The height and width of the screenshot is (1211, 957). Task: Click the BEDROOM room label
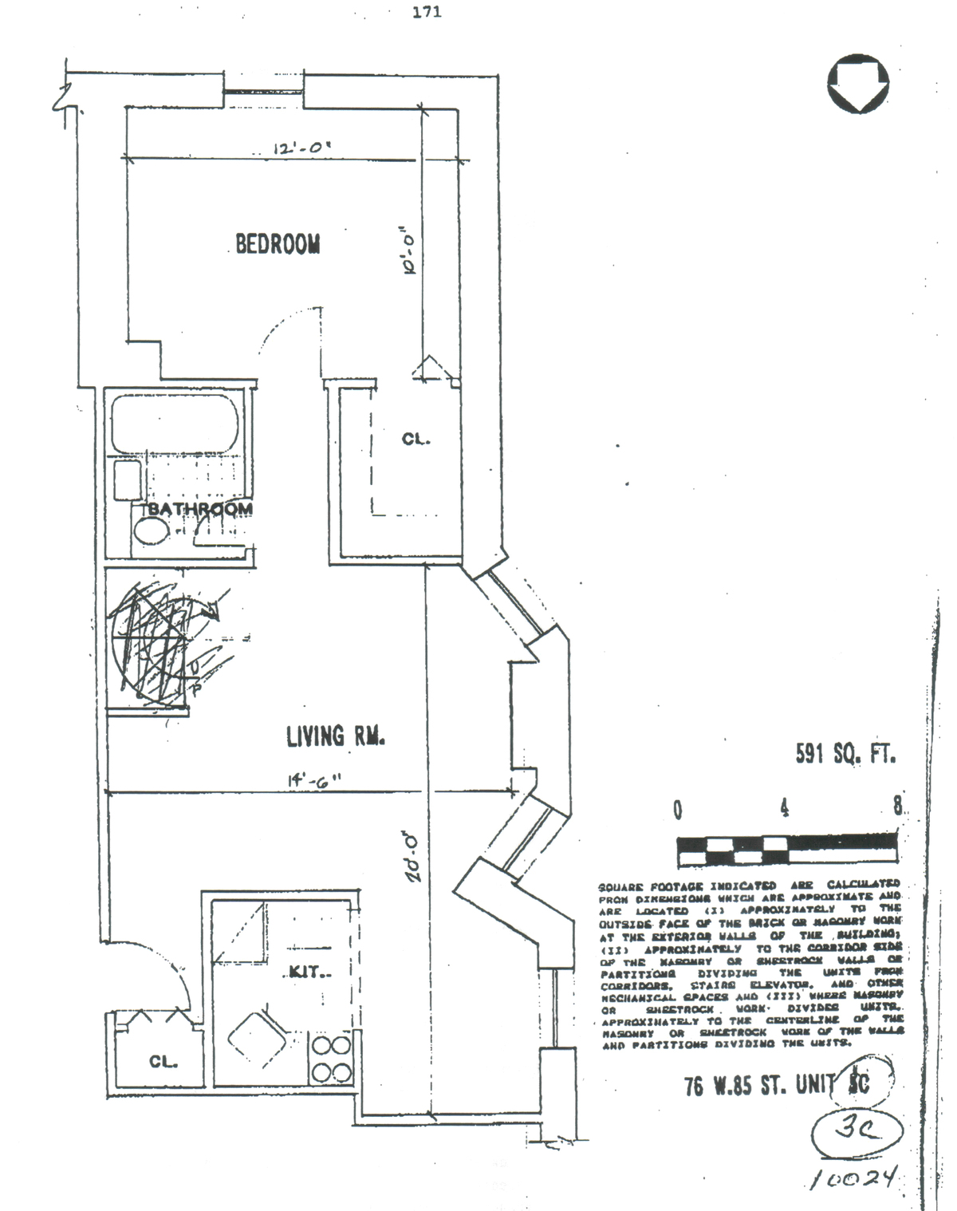coord(278,243)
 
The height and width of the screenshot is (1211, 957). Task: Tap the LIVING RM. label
coord(336,736)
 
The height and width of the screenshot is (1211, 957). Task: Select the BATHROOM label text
coord(199,508)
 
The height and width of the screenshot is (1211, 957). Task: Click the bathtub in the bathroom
coord(175,424)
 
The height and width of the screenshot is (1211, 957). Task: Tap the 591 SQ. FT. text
coord(845,753)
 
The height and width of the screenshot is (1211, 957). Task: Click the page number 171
coord(427,12)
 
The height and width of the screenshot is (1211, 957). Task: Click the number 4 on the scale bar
coord(785,808)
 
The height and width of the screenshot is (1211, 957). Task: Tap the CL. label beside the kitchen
coord(163,1062)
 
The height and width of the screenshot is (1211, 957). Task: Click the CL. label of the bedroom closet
coord(415,439)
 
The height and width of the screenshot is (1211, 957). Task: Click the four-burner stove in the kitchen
coord(331,1058)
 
